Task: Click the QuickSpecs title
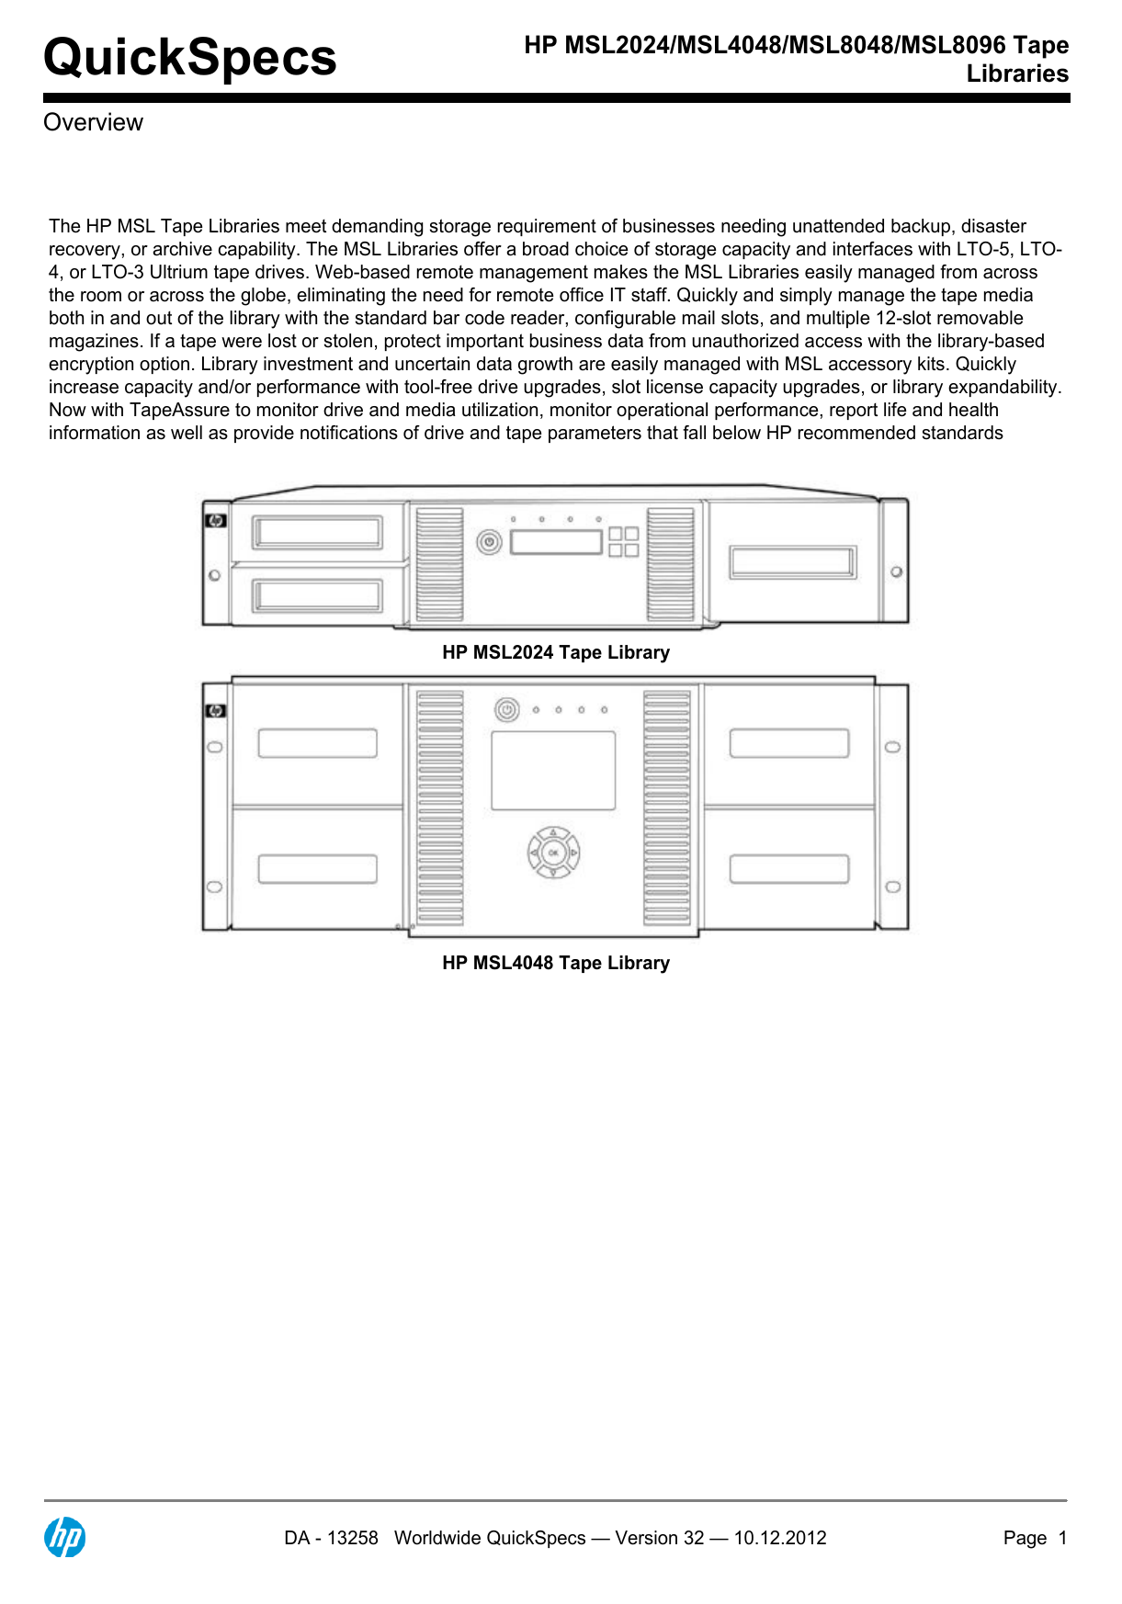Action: pos(190,57)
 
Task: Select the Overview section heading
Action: pos(93,122)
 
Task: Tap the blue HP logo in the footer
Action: pos(65,1537)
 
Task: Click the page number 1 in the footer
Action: pos(1062,1538)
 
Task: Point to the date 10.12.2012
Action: pos(780,1538)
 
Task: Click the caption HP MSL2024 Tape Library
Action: pos(556,652)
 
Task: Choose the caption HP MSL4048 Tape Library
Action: pos(556,963)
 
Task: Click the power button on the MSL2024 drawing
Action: pos(489,542)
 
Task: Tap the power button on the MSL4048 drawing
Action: pos(506,710)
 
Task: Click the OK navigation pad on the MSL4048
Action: pos(553,853)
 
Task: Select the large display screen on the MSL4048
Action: pos(553,770)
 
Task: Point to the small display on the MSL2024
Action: pos(556,542)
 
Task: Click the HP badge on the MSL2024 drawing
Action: pos(216,521)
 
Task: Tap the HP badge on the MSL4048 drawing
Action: pos(216,711)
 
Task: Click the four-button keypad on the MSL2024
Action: pos(624,542)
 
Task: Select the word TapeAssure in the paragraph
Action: pos(180,410)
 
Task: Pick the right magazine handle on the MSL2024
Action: pos(793,562)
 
